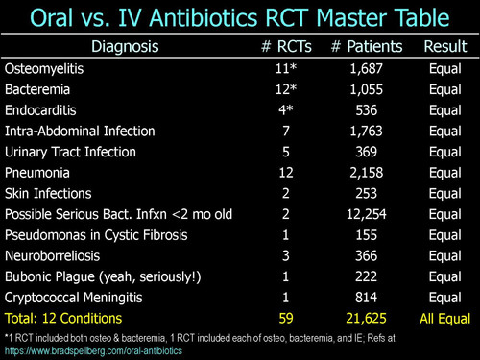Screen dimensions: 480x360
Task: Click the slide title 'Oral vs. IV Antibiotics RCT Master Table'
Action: coord(240,17)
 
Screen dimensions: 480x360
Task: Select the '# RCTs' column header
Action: coord(286,46)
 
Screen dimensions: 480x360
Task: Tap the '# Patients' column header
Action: coord(367,46)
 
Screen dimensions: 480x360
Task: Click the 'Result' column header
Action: coord(445,46)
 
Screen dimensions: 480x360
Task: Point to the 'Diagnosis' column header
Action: coord(125,47)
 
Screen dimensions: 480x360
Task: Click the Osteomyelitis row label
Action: coord(44,69)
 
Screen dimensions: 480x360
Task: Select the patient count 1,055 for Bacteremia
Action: coord(367,89)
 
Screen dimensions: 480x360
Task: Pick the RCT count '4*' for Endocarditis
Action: coord(286,110)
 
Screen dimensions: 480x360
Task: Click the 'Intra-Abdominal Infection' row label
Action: coord(80,132)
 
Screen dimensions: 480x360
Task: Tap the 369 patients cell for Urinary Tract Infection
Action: coord(367,152)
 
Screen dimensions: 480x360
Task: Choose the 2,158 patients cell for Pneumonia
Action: coord(367,173)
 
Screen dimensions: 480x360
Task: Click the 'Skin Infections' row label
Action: coord(48,194)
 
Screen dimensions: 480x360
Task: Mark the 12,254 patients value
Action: coord(367,214)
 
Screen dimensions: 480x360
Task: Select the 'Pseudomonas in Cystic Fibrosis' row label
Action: coord(96,235)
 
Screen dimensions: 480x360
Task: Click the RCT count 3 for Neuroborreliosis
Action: coord(286,256)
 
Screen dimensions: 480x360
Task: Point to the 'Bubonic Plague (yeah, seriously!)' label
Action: coord(103,277)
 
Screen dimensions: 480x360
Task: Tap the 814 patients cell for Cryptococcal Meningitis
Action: coord(367,298)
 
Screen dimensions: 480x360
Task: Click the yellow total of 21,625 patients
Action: coord(367,319)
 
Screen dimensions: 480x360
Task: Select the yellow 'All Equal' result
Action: coord(445,319)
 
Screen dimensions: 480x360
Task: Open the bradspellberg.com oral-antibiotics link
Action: coord(93,351)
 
